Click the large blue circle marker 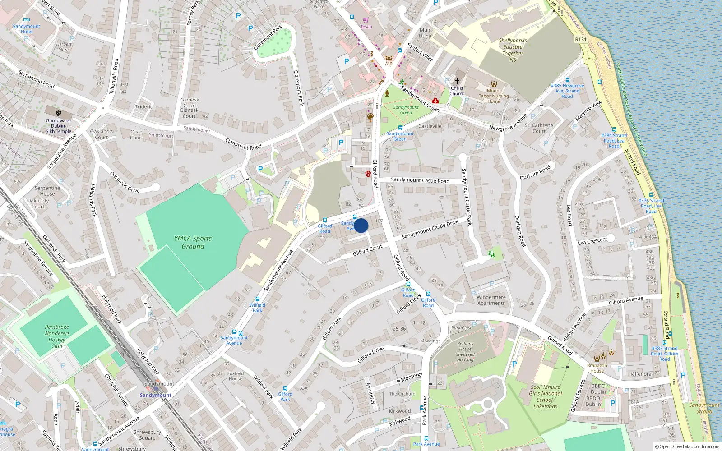[x=361, y=225]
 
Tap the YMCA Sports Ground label [x=193, y=242]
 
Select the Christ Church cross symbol [x=457, y=81]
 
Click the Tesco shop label [x=366, y=27]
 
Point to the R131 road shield [x=581, y=39]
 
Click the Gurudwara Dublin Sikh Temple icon [x=58, y=113]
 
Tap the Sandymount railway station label [x=156, y=395]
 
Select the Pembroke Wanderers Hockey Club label [x=57, y=336]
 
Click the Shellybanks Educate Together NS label [x=513, y=50]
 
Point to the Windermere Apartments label [x=491, y=300]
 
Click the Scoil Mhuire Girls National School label [x=545, y=396]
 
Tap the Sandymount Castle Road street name [x=420, y=180]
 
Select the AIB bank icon [x=389, y=58]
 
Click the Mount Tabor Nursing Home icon [x=494, y=84]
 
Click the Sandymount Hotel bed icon [x=26, y=20]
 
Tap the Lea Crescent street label [x=592, y=241]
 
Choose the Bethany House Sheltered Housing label [x=465, y=351]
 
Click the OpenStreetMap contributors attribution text [x=687, y=446]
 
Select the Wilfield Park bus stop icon [x=257, y=299]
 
